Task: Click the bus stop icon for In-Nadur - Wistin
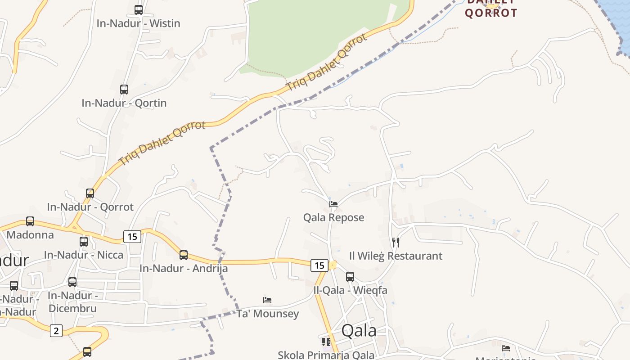pyautogui.click(x=139, y=9)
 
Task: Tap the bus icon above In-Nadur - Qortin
pyautogui.click(x=124, y=89)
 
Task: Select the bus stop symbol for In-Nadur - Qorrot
pyautogui.click(x=90, y=193)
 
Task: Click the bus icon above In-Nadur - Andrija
pyautogui.click(x=184, y=255)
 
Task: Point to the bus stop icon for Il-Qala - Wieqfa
pyautogui.click(x=350, y=277)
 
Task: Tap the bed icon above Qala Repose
pyautogui.click(x=333, y=204)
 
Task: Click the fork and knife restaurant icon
pyautogui.click(x=396, y=243)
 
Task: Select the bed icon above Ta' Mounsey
pyautogui.click(x=267, y=300)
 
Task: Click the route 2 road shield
pyautogui.click(x=56, y=331)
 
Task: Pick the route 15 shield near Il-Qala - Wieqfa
pyautogui.click(x=319, y=265)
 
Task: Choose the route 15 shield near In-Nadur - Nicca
pyautogui.click(x=132, y=236)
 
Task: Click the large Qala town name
pyautogui.click(x=359, y=331)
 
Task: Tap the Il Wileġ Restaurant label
pyautogui.click(x=396, y=256)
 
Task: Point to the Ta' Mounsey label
pyautogui.click(x=268, y=314)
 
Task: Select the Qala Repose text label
pyautogui.click(x=333, y=218)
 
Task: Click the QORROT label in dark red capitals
pyautogui.click(x=491, y=13)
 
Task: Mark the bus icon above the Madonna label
pyautogui.click(x=30, y=221)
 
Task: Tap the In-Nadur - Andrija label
pyautogui.click(x=184, y=269)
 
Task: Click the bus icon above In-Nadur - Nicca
pyautogui.click(x=84, y=242)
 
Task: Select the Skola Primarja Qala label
pyautogui.click(x=326, y=355)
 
